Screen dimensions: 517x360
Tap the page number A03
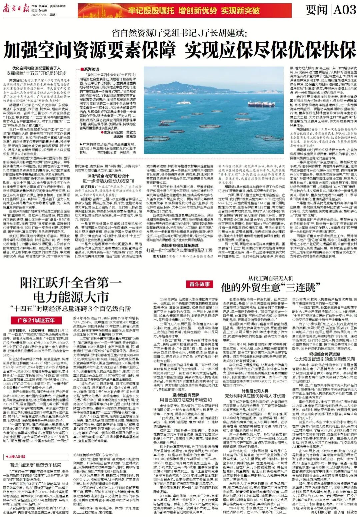344,10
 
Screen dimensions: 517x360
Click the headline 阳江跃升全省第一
71,283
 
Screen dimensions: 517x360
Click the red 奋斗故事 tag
199,284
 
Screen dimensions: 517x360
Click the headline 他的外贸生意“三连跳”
269,287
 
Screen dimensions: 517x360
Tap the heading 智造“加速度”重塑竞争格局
36,464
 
